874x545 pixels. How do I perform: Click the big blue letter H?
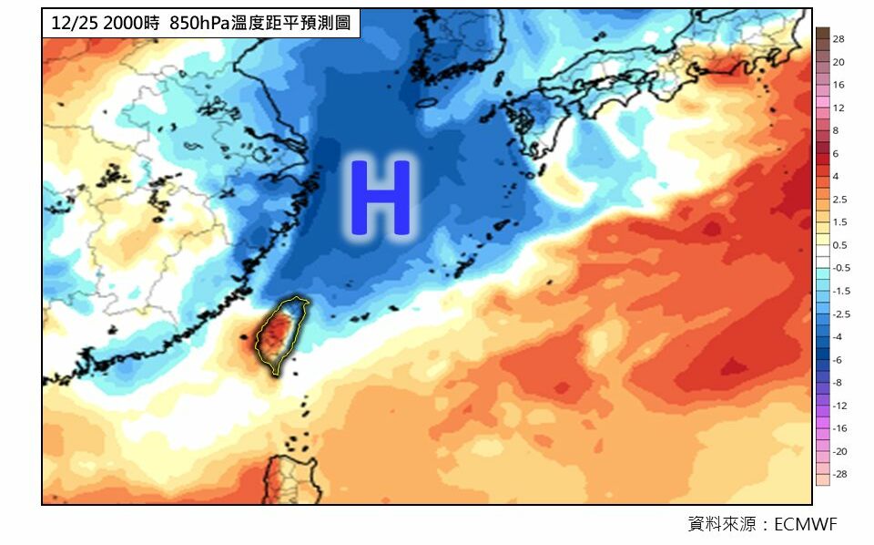[x=381, y=197]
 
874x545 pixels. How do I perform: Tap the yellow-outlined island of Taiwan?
[x=278, y=334]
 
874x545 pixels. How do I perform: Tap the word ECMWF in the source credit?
[x=804, y=524]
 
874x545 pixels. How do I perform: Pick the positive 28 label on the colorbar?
[x=838, y=40]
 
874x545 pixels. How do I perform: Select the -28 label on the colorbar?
[x=840, y=475]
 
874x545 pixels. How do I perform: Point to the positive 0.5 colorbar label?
[x=839, y=244]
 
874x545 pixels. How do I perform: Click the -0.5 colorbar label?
[x=841, y=268]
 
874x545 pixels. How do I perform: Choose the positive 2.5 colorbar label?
[x=839, y=199]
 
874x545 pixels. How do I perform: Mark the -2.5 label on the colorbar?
[x=841, y=314]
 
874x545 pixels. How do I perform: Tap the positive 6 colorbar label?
[x=836, y=153]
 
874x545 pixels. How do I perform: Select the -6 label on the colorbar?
[x=838, y=360]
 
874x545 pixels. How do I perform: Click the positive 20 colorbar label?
[x=838, y=62]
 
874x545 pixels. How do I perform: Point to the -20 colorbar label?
[x=840, y=451]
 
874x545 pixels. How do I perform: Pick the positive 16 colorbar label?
[x=838, y=85]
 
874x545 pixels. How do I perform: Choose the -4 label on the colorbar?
[x=838, y=337]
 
